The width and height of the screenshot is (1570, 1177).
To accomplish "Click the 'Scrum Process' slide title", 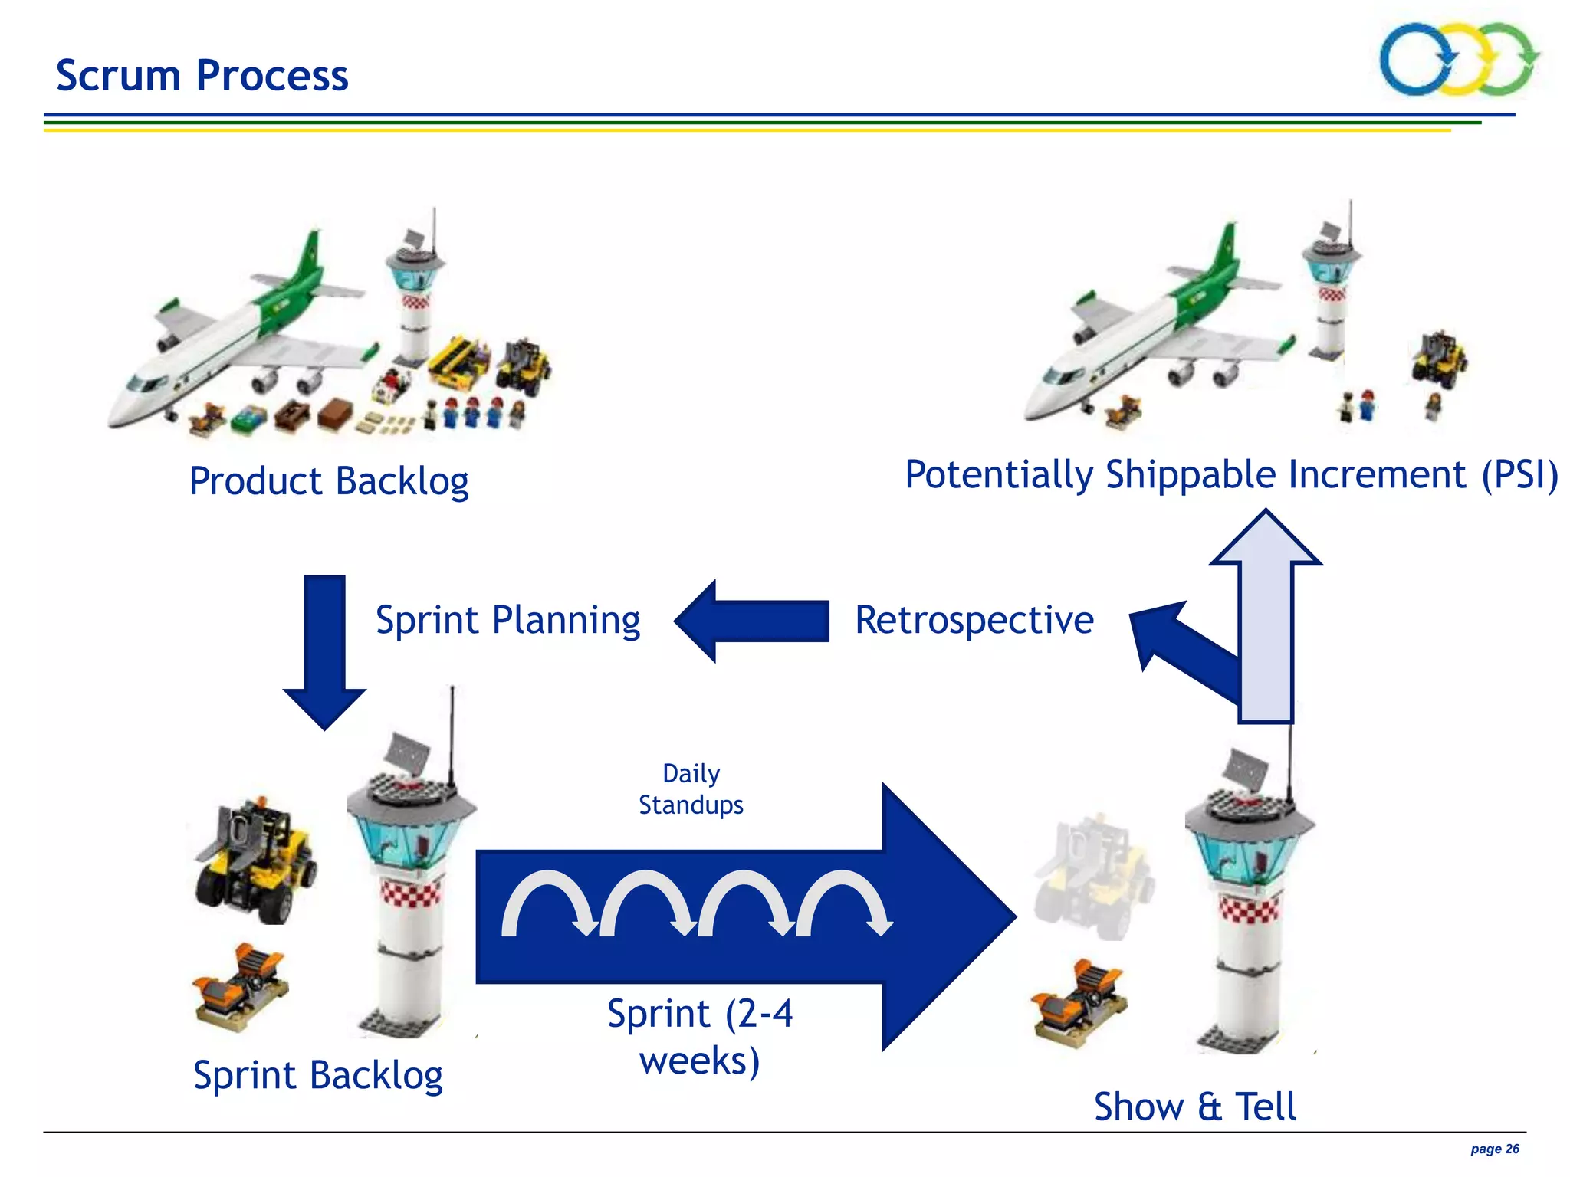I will tap(202, 75).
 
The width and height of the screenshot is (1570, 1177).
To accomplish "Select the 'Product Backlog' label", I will tap(329, 481).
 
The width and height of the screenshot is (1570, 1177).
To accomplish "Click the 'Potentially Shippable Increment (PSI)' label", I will tap(1231, 474).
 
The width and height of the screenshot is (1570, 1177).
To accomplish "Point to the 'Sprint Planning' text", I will tap(507, 620).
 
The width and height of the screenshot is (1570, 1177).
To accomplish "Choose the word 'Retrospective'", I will tap(974, 620).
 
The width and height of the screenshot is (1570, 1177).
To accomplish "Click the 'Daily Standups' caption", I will tap(691, 789).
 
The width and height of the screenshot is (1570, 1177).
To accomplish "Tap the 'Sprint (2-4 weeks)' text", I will tap(699, 1037).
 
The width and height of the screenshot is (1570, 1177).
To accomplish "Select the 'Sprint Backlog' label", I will tap(317, 1075).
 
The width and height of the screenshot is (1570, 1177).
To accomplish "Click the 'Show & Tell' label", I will tap(1194, 1107).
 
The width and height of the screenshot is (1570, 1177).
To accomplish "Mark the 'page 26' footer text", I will tap(1494, 1149).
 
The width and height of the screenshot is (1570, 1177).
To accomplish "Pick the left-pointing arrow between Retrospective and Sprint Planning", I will tap(751, 621).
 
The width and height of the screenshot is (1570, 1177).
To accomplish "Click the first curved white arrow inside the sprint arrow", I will tap(548, 900).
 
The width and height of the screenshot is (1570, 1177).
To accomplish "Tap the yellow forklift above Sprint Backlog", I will tap(255, 858).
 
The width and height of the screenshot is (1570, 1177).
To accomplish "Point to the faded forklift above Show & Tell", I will tap(1094, 877).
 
